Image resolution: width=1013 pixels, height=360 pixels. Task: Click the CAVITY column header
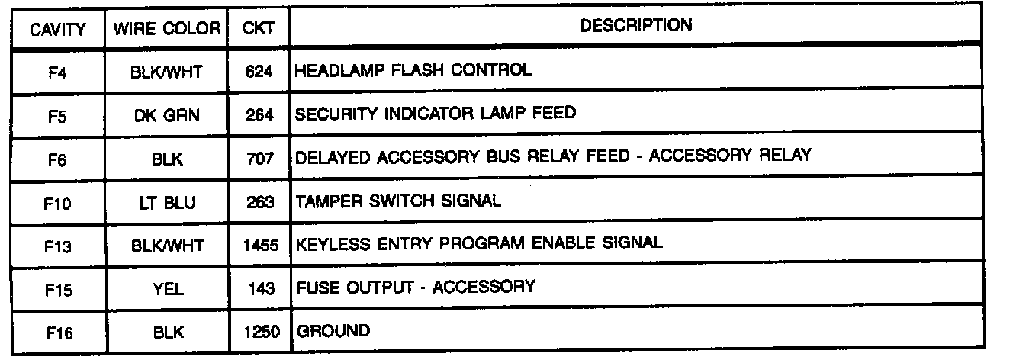coord(58,29)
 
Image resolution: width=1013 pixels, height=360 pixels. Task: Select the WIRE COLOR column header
coord(167,29)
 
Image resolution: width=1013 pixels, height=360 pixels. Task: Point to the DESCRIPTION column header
coord(636,25)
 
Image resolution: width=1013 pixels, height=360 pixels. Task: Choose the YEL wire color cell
coord(167,288)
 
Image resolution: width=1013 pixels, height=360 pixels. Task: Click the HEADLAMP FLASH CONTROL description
coord(413,70)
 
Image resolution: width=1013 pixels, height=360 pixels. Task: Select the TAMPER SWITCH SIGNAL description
coord(398,201)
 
